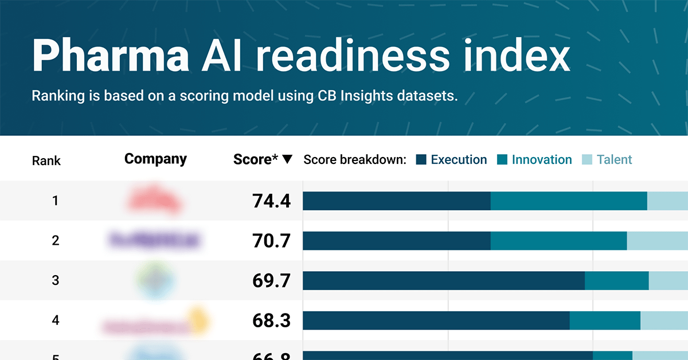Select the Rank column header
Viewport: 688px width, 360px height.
(x=46, y=160)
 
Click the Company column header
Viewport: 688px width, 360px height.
(x=155, y=159)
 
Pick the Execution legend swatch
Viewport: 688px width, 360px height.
(x=421, y=160)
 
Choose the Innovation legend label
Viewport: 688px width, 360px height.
(x=541, y=160)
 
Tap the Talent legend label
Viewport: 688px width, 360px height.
(x=614, y=160)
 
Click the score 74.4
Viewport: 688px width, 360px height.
(x=271, y=201)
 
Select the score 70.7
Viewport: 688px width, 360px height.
(x=271, y=241)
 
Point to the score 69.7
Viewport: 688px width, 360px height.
(x=271, y=281)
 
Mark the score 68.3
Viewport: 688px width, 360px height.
(x=271, y=320)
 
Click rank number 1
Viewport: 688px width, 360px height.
(x=56, y=201)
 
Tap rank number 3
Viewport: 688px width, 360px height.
(x=56, y=281)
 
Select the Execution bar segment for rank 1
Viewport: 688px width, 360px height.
(x=396, y=201)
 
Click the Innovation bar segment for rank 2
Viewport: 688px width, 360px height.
(x=558, y=241)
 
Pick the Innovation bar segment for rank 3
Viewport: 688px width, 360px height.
(x=616, y=281)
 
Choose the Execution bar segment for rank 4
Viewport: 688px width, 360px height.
(x=436, y=320)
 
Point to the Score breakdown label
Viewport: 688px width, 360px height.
(x=354, y=160)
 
